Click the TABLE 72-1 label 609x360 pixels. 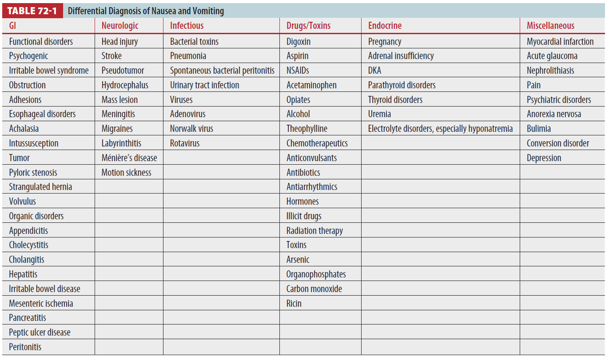(x=32, y=11)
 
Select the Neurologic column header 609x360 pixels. (x=120, y=26)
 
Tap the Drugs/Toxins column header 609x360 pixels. (x=308, y=26)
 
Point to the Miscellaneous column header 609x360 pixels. (x=550, y=26)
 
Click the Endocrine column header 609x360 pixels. (x=385, y=26)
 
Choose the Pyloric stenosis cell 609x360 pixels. (x=33, y=173)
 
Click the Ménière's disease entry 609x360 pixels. (x=129, y=158)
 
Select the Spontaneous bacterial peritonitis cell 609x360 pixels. (x=222, y=71)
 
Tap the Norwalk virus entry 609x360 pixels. (x=191, y=129)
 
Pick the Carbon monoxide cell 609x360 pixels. (x=314, y=289)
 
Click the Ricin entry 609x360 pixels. (x=294, y=304)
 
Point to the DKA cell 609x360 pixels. (x=374, y=71)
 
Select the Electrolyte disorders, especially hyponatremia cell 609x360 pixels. (x=440, y=129)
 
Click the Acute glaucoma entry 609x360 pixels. (x=552, y=56)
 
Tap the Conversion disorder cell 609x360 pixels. (x=557, y=143)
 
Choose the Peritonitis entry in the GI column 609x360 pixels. (x=25, y=347)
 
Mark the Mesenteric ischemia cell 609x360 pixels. (x=41, y=304)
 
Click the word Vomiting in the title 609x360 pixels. (x=208, y=11)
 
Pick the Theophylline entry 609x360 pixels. (x=306, y=129)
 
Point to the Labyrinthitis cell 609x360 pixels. (x=121, y=143)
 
